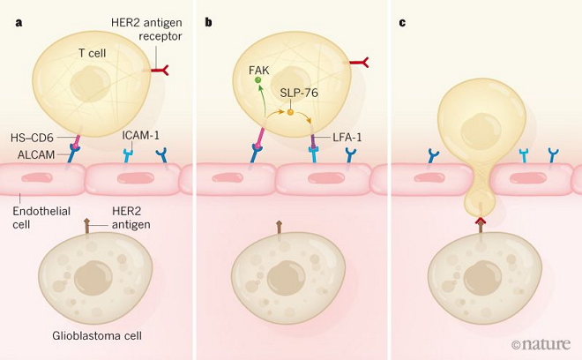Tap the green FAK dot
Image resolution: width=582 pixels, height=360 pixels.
pyautogui.click(x=259, y=80)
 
